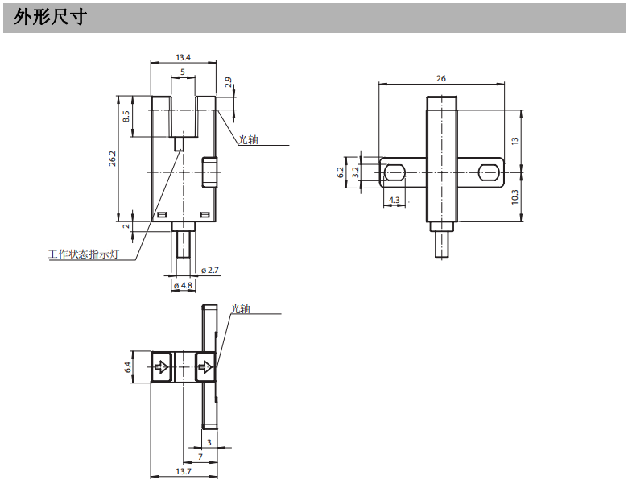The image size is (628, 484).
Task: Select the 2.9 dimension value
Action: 228,82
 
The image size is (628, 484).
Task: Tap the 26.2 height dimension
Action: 113,159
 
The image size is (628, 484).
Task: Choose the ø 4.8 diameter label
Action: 183,285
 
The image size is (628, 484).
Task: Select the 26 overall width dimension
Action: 440,78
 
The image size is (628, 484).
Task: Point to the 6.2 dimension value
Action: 341,172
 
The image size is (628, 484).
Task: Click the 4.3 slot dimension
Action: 394,199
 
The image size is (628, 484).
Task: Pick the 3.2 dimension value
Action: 355,172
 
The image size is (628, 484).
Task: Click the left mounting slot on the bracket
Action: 394,172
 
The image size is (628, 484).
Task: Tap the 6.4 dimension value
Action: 127,367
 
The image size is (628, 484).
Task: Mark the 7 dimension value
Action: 200,457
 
